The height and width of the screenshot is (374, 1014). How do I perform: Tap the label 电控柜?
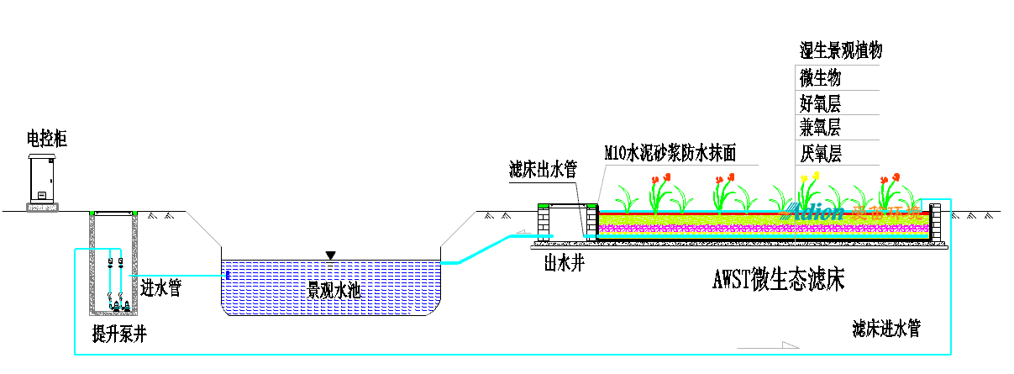pyautogui.click(x=46, y=140)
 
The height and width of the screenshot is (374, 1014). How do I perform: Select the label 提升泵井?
pyautogui.click(x=119, y=334)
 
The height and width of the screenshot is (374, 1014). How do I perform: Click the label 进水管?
pyautogui.click(x=161, y=289)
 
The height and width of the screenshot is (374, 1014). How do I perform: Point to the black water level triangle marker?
pyautogui.click(x=331, y=255)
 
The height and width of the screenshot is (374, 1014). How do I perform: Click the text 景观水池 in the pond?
pyautogui.click(x=334, y=291)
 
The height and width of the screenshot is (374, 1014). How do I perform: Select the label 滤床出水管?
pyautogui.click(x=543, y=169)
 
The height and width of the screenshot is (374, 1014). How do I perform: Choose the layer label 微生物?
pyautogui.click(x=821, y=78)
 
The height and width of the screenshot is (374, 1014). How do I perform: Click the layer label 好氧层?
pyautogui.click(x=821, y=104)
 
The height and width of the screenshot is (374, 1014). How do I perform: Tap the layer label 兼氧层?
pyautogui.click(x=821, y=128)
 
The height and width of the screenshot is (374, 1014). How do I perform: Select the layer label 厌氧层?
pyautogui.click(x=821, y=154)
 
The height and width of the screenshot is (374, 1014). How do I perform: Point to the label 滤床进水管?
pyautogui.click(x=885, y=329)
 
